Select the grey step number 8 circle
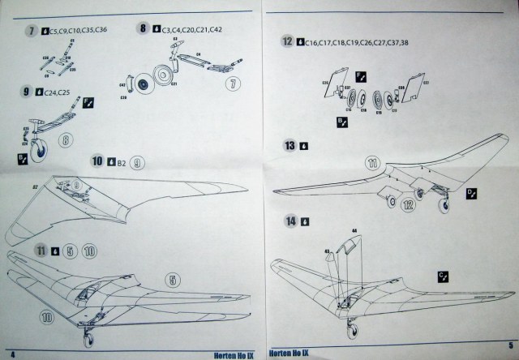click(x=144, y=29)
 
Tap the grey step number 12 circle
click(x=287, y=41)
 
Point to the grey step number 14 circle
click(x=289, y=221)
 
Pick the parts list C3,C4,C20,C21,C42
click(x=191, y=29)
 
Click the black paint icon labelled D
click(x=472, y=193)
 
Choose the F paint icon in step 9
click(x=88, y=102)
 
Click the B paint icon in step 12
click(x=341, y=122)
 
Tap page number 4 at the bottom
click(x=13, y=354)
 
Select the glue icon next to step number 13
click(x=304, y=147)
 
